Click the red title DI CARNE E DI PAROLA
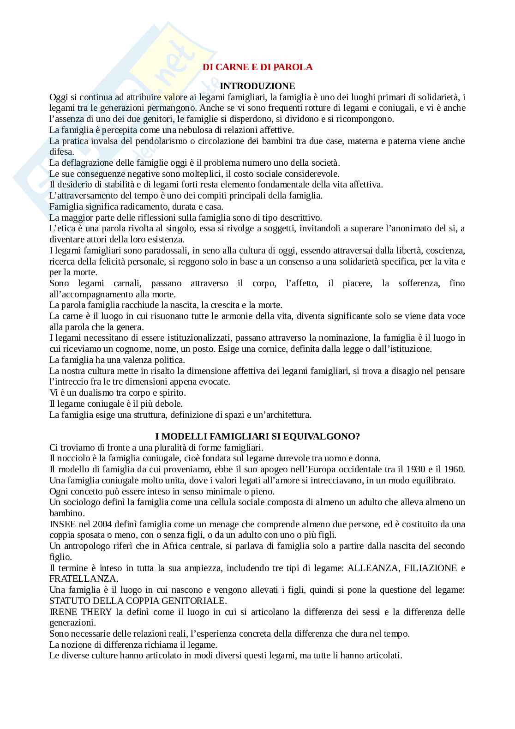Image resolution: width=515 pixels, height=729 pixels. tap(257, 67)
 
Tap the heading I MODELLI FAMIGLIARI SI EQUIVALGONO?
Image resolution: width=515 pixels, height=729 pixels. tap(257, 436)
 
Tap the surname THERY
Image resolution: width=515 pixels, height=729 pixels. tap(96, 612)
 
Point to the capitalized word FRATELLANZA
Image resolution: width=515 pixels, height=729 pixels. tap(84, 578)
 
